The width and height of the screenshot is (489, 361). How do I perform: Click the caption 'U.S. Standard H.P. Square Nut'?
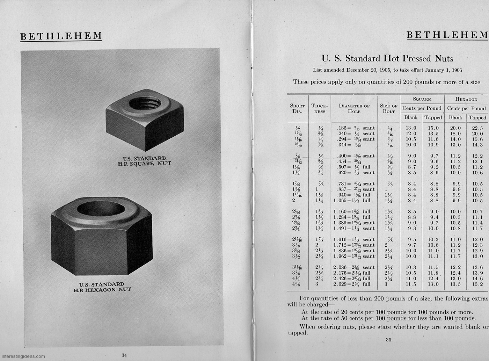[144, 161]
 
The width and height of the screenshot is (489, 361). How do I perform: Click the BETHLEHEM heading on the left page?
[61, 36]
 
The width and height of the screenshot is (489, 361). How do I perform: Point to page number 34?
[124, 355]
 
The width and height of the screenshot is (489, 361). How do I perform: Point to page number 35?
[388, 340]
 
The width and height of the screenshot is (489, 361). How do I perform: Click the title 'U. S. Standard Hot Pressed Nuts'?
[387, 58]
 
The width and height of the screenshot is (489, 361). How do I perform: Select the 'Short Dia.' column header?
[297, 108]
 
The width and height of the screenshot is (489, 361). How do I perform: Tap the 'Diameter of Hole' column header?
[354, 108]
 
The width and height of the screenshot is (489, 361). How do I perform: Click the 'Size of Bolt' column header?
[388, 108]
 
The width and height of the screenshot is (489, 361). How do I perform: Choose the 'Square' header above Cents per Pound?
[422, 99]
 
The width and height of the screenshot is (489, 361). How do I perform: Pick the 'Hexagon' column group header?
[466, 99]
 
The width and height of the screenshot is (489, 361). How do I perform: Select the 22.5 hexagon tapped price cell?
[477, 128]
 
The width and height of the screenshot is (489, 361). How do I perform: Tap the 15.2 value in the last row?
[477, 284]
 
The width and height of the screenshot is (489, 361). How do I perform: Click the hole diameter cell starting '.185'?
[353, 128]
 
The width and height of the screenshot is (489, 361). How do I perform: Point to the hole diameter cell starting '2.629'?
[352, 284]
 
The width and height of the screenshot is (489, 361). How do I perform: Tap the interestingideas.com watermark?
[23, 356]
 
